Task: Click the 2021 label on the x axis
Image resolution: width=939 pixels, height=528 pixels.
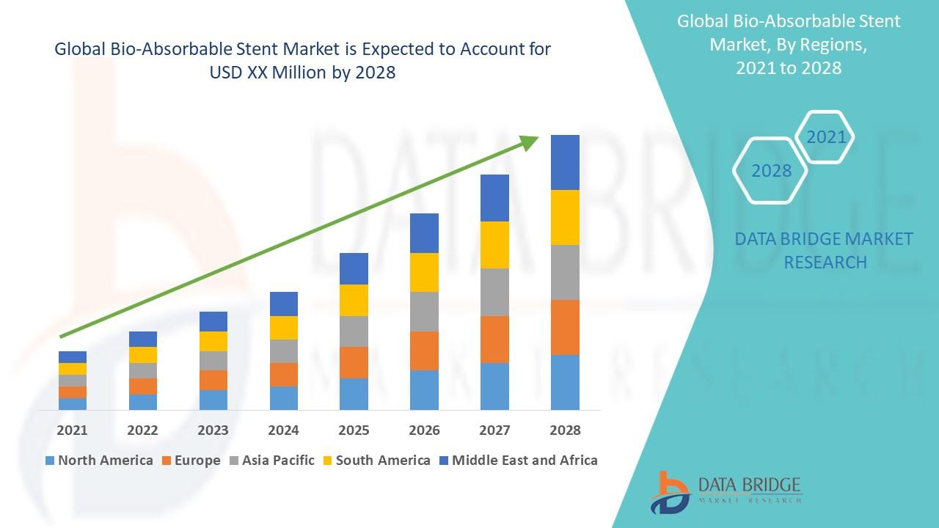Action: click(72, 430)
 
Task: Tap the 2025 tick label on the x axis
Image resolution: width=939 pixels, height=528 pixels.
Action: click(354, 430)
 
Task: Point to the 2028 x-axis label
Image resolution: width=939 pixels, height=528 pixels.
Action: click(565, 430)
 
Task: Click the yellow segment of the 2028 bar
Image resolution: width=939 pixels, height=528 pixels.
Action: click(565, 217)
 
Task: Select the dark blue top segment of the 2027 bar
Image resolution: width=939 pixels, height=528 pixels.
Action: click(494, 198)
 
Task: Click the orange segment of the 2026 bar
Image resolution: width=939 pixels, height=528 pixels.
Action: click(424, 351)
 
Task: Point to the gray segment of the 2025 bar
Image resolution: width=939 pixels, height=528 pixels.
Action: click(354, 331)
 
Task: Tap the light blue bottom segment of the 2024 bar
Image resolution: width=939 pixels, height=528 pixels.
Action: click(283, 397)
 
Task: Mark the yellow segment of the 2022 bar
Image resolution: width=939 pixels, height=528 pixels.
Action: click(142, 355)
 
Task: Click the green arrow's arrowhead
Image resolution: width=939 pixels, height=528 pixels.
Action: click(530, 142)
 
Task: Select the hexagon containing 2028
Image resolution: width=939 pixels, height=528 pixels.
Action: click(770, 170)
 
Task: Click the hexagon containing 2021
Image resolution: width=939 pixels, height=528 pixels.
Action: click(825, 137)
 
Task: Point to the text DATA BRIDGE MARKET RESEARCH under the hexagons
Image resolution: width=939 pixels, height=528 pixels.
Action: click(825, 250)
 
